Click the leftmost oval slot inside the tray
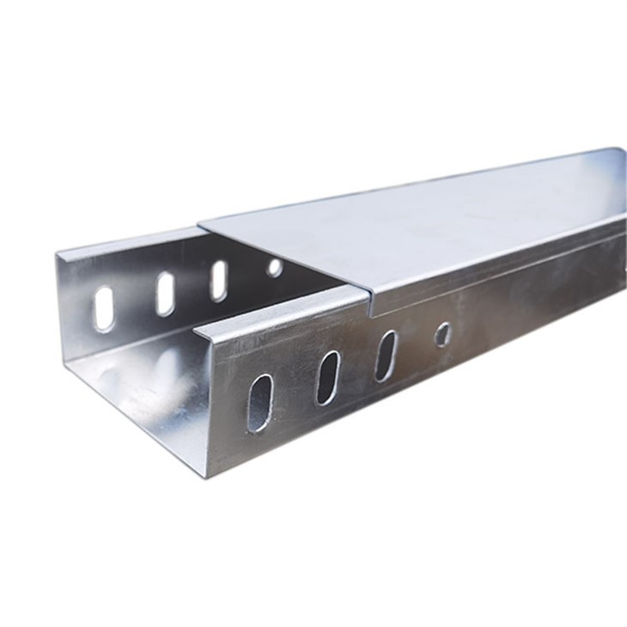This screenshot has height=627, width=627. (x=104, y=309)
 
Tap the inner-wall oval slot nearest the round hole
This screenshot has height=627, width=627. (x=219, y=280)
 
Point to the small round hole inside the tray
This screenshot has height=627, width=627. (x=275, y=268)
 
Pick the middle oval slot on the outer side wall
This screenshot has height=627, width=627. (x=327, y=378)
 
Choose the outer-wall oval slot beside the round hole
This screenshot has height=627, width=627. (x=385, y=356)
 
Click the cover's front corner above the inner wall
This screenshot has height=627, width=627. (x=199, y=225)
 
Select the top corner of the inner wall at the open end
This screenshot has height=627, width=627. (x=58, y=253)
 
